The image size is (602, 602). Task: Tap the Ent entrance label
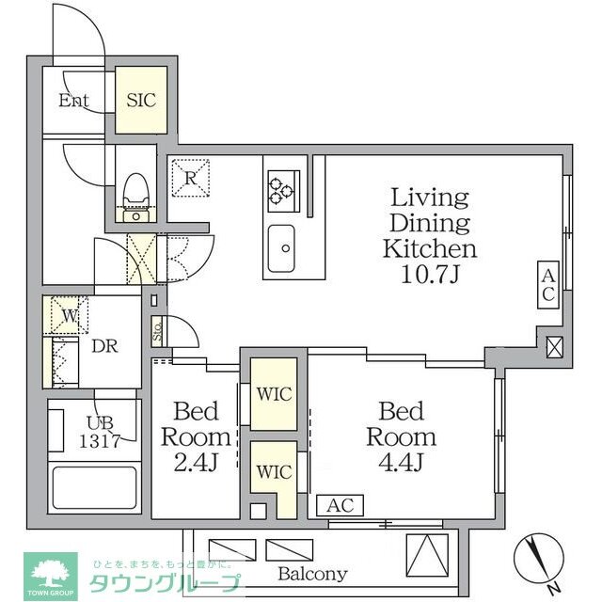pos(74,101)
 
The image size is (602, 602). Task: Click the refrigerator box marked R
pos(191,177)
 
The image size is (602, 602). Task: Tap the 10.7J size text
pos(429,275)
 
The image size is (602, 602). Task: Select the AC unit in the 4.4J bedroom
pos(340,505)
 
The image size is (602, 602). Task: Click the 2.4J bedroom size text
pos(197,463)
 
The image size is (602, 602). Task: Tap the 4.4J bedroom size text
pos(401,463)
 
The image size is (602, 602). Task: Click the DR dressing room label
pos(104,345)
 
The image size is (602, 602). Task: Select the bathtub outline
pos(93,487)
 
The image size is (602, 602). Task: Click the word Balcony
pos(312,573)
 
